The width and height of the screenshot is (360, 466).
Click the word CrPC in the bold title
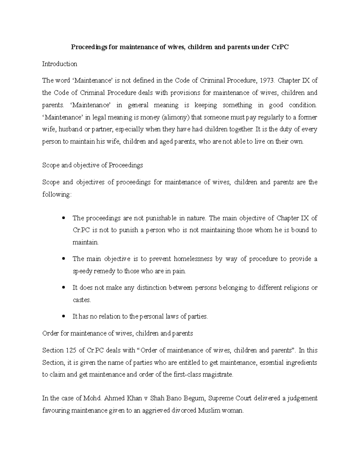pyautogui.click(x=280, y=47)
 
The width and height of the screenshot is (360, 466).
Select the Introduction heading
pyautogui.click(x=59, y=64)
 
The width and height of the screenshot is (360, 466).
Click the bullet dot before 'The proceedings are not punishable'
pyautogui.click(x=63, y=218)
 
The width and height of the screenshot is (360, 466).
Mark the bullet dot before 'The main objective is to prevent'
pyautogui.click(x=63, y=259)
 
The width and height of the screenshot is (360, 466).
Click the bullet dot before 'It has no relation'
pyautogui.click(x=63, y=317)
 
